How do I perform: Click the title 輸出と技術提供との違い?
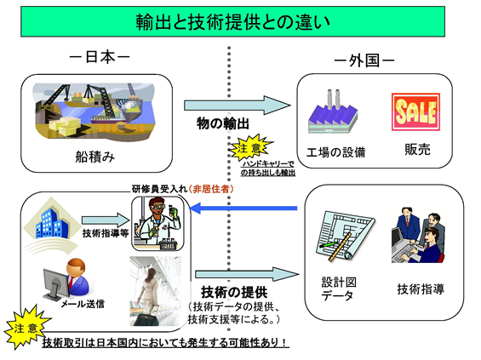point(240,20)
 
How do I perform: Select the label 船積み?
point(94,157)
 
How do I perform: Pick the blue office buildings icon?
point(52,220)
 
